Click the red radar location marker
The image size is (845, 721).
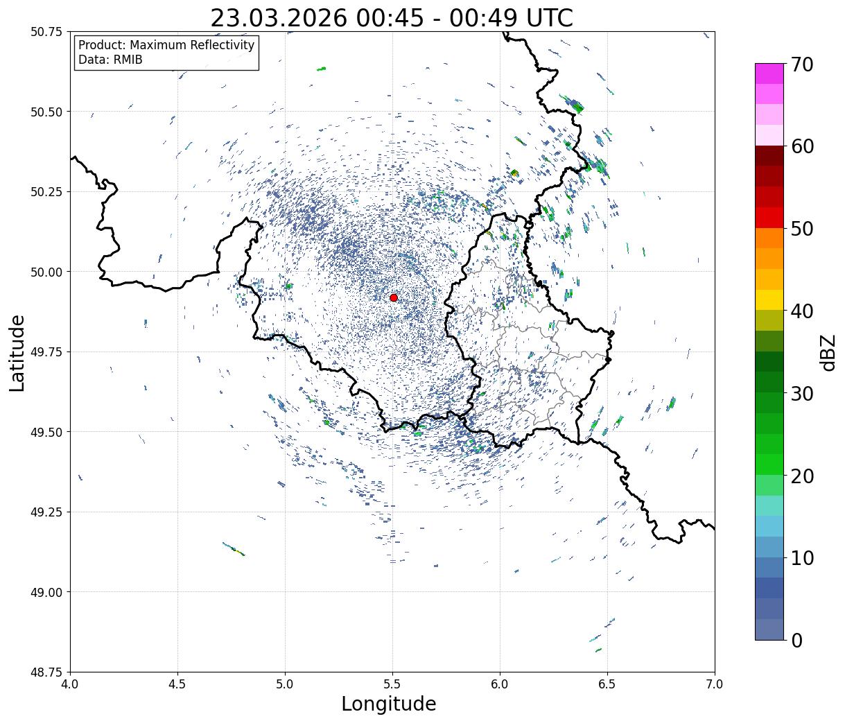394,297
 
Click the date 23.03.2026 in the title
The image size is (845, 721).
278,18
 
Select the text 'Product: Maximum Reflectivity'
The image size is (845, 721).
166,46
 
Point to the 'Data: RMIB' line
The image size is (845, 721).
110,60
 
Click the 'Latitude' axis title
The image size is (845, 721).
17,352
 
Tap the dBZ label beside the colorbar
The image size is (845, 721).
828,352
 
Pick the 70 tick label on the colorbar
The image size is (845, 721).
801,64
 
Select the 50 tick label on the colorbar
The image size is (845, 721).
801,229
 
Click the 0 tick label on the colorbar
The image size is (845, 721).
796,641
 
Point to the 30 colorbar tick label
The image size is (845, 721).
801,394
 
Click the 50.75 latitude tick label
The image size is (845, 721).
46,32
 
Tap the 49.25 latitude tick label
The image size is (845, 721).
46,512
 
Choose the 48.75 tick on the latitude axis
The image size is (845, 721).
46,672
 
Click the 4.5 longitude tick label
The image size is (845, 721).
177,685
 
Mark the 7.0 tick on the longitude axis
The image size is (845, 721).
715,685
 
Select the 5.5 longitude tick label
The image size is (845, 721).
392,685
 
